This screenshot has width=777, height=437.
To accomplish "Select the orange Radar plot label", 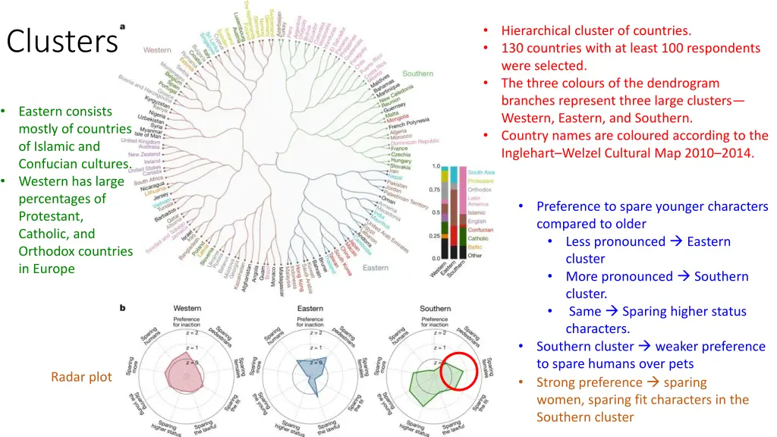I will (81, 377).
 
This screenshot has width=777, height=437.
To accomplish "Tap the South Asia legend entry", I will (480, 173).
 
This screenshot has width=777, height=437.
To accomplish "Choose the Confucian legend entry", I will (480, 230).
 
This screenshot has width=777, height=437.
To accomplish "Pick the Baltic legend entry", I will (475, 247).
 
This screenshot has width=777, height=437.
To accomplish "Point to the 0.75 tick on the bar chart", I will (434, 190).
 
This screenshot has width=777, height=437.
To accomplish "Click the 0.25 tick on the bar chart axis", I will (434, 236).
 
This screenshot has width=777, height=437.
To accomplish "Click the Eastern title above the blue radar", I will (310, 310).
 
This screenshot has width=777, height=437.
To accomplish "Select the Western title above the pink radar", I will (187, 310).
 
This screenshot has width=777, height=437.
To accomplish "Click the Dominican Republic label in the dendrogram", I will (414, 141).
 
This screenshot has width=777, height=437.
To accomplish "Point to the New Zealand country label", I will (145, 155).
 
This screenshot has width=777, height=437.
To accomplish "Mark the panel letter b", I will (120, 307).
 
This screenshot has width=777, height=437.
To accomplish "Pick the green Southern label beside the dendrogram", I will (417, 74).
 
